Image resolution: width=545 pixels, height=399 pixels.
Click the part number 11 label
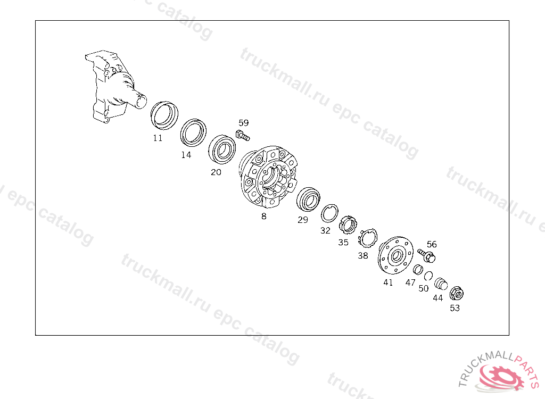(x=158, y=138)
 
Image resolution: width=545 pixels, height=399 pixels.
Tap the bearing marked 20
(x=222, y=149)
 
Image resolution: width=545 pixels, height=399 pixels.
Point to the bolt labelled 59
(x=243, y=135)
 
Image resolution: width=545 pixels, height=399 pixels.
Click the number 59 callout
(x=244, y=123)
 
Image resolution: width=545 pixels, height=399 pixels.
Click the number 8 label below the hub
(x=264, y=216)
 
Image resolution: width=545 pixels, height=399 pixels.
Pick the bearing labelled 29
(x=308, y=199)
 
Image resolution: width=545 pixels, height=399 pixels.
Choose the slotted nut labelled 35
(x=348, y=225)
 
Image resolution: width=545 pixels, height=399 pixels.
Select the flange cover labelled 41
(x=395, y=255)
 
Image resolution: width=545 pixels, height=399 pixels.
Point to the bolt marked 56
(x=427, y=255)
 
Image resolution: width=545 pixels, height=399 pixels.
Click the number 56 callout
(x=432, y=244)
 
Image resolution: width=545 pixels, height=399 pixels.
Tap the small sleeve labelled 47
(x=418, y=269)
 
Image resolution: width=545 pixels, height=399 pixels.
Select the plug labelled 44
(x=441, y=284)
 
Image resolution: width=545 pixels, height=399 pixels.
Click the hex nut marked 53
(x=456, y=293)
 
